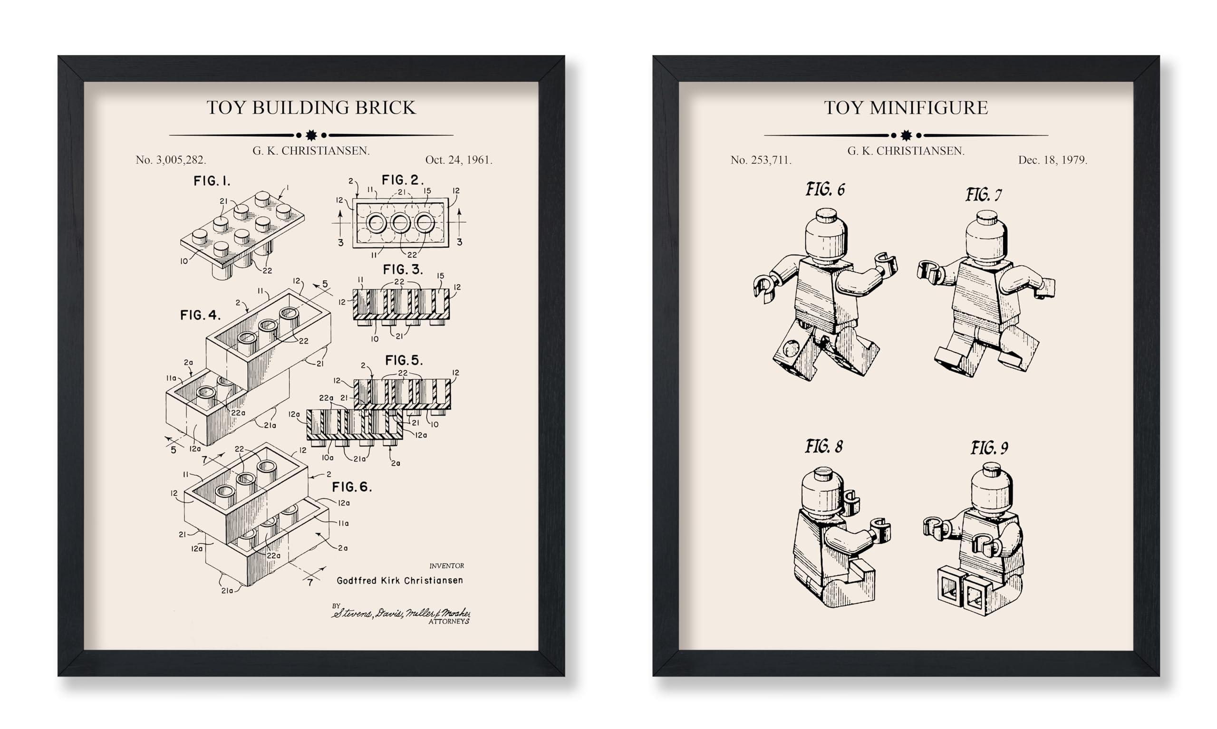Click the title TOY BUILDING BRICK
tap(310, 107)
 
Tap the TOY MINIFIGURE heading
tap(906, 107)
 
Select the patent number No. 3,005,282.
tap(171, 160)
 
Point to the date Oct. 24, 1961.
tap(458, 160)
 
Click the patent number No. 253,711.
tap(761, 160)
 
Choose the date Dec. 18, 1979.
tap(1053, 160)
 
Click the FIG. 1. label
tap(212, 181)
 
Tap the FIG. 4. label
tap(200, 315)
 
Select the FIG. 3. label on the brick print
tap(402, 269)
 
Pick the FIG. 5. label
tap(404, 360)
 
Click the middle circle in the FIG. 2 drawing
tap(400, 223)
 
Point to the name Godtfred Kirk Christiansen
tap(399, 580)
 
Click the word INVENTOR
tap(446, 566)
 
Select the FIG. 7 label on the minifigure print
tap(984, 195)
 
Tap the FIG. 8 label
tap(823, 447)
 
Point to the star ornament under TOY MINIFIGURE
tap(906, 135)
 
